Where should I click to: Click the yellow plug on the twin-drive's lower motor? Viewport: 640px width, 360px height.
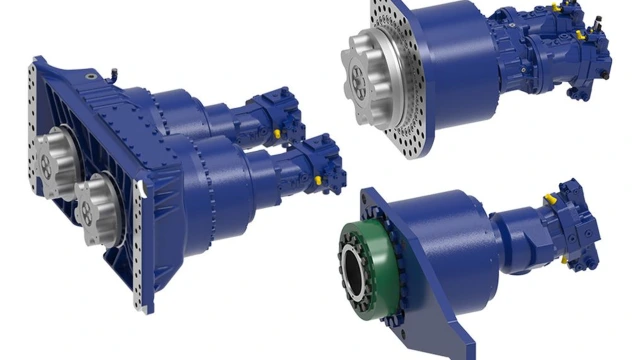point(318,180)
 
